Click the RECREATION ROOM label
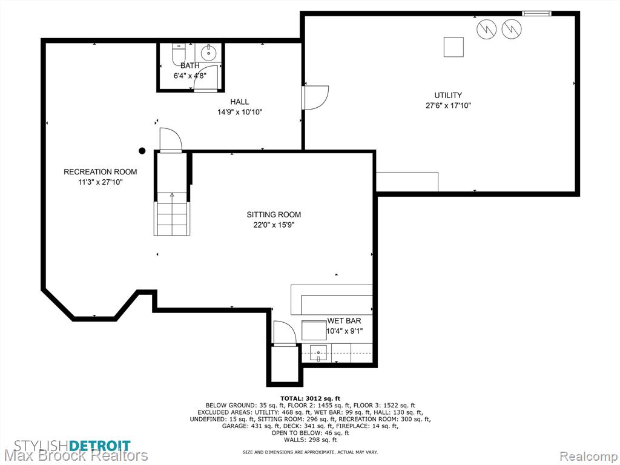(x=101, y=171)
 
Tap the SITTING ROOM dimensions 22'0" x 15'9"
(x=274, y=225)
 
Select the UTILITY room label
(x=448, y=95)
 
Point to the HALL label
(x=240, y=102)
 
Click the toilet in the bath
(x=179, y=54)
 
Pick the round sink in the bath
(x=208, y=52)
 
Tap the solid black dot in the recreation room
(x=142, y=151)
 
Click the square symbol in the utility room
(x=453, y=47)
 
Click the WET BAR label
(x=344, y=321)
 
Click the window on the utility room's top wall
(x=536, y=13)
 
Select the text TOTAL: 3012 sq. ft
(x=310, y=398)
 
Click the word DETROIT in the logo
(x=100, y=446)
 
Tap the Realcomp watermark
(x=588, y=456)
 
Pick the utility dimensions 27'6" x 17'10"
(x=448, y=105)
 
